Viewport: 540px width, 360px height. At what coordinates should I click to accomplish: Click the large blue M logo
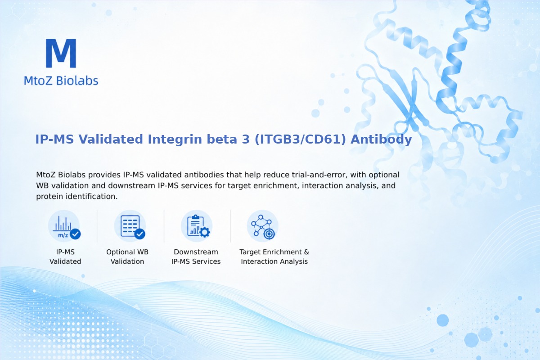click(x=61, y=53)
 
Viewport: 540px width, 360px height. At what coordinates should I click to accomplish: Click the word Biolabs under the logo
click(x=77, y=81)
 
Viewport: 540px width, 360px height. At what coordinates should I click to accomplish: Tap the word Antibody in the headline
click(x=381, y=139)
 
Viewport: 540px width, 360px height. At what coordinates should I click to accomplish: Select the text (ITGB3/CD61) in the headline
click(x=300, y=139)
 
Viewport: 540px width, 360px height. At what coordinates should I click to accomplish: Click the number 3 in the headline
click(x=245, y=139)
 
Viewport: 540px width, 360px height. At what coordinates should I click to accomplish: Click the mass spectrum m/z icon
click(x=64, y=226)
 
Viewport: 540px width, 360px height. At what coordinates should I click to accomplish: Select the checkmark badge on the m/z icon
click(x=75, y=234)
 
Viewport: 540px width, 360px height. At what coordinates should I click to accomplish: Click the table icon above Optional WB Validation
click(x=130, y=226)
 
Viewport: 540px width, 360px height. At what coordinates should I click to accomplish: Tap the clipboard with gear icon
click(x=197, y=226)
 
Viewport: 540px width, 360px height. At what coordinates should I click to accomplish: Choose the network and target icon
click(x=262, y=226)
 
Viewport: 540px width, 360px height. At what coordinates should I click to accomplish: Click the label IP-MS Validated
click(x=65, y=256)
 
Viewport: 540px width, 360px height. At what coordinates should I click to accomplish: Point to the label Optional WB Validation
click(x=127, y=256)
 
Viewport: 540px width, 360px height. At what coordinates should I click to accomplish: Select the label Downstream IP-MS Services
click(x=196, y=256)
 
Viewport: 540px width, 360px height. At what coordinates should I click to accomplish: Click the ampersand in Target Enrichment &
click(x=306, y=252)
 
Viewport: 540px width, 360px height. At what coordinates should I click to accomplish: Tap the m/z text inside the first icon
click(x=63, y=235)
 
